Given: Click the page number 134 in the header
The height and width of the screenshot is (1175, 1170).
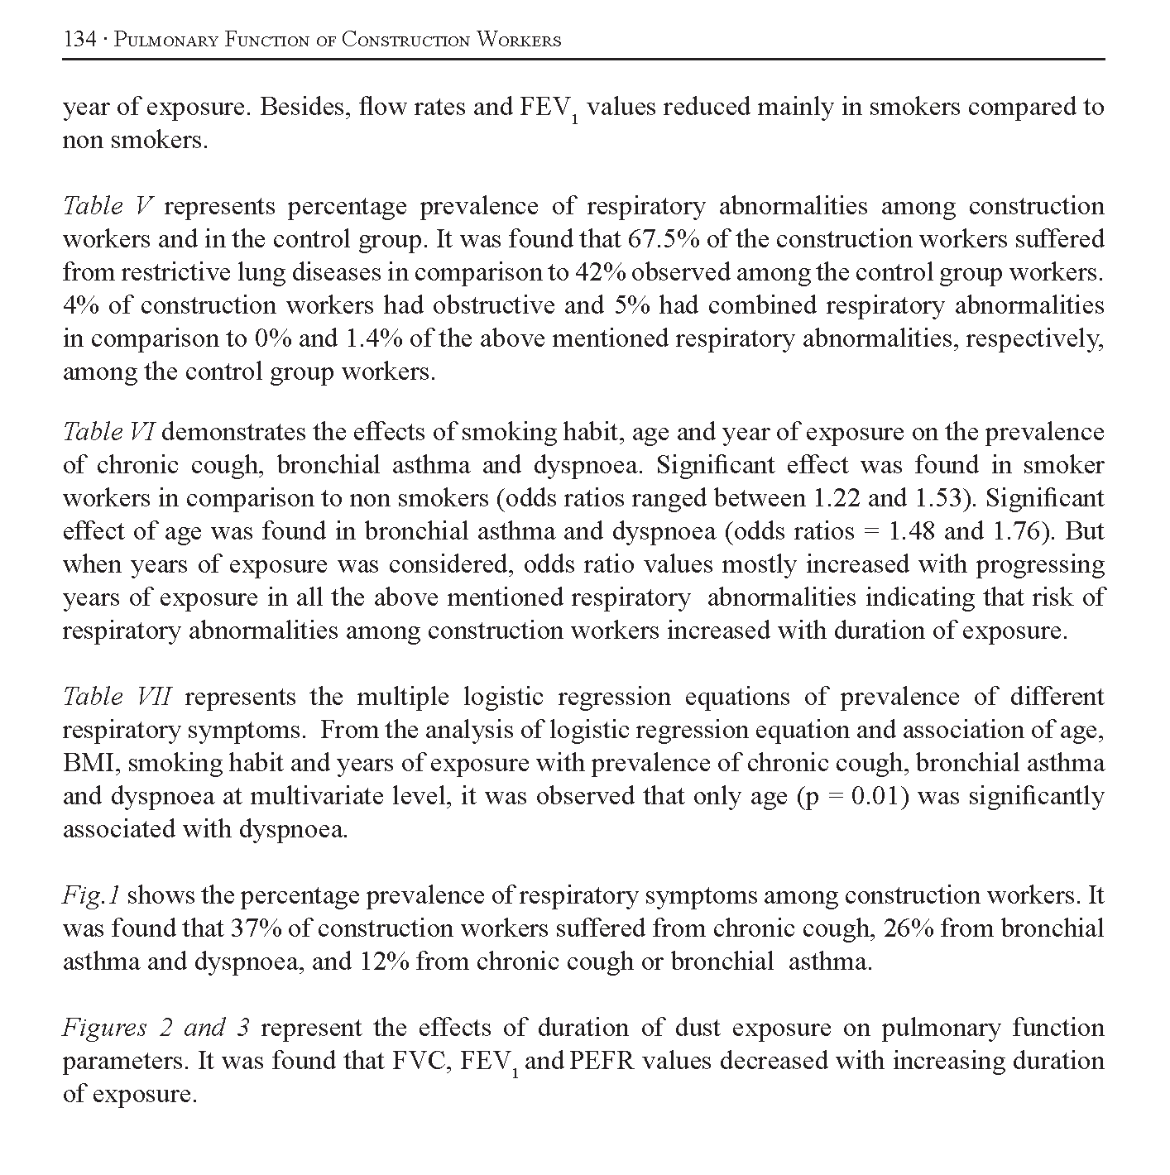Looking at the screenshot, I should click(79, 40).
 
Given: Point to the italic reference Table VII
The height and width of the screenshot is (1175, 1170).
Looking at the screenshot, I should click(117, 697).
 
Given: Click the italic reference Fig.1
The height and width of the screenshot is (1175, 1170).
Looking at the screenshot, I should click(92, 895).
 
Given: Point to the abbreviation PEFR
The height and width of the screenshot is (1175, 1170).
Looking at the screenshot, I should click(601, 1061).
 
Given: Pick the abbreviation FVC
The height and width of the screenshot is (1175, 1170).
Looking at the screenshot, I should click(420, 1061).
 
